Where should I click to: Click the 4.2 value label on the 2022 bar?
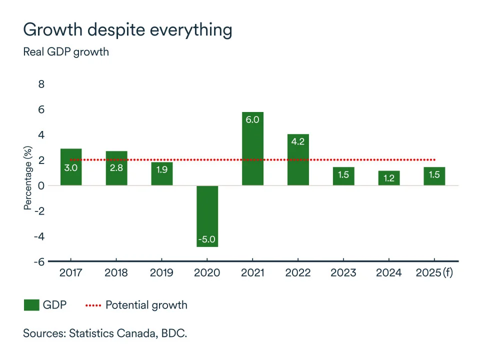297,141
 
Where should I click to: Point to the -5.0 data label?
207,239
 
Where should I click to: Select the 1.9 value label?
161,168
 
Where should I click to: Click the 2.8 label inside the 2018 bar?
116,168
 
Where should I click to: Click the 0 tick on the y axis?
41,185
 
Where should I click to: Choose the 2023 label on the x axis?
343,272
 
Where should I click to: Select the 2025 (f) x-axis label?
434,272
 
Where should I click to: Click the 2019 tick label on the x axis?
161,272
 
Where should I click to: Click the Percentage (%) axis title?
28,178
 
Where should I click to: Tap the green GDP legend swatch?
31,305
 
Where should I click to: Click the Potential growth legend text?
146,305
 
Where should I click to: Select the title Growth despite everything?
127,30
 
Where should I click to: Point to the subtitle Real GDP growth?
66,51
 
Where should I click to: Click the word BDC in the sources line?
173,333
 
